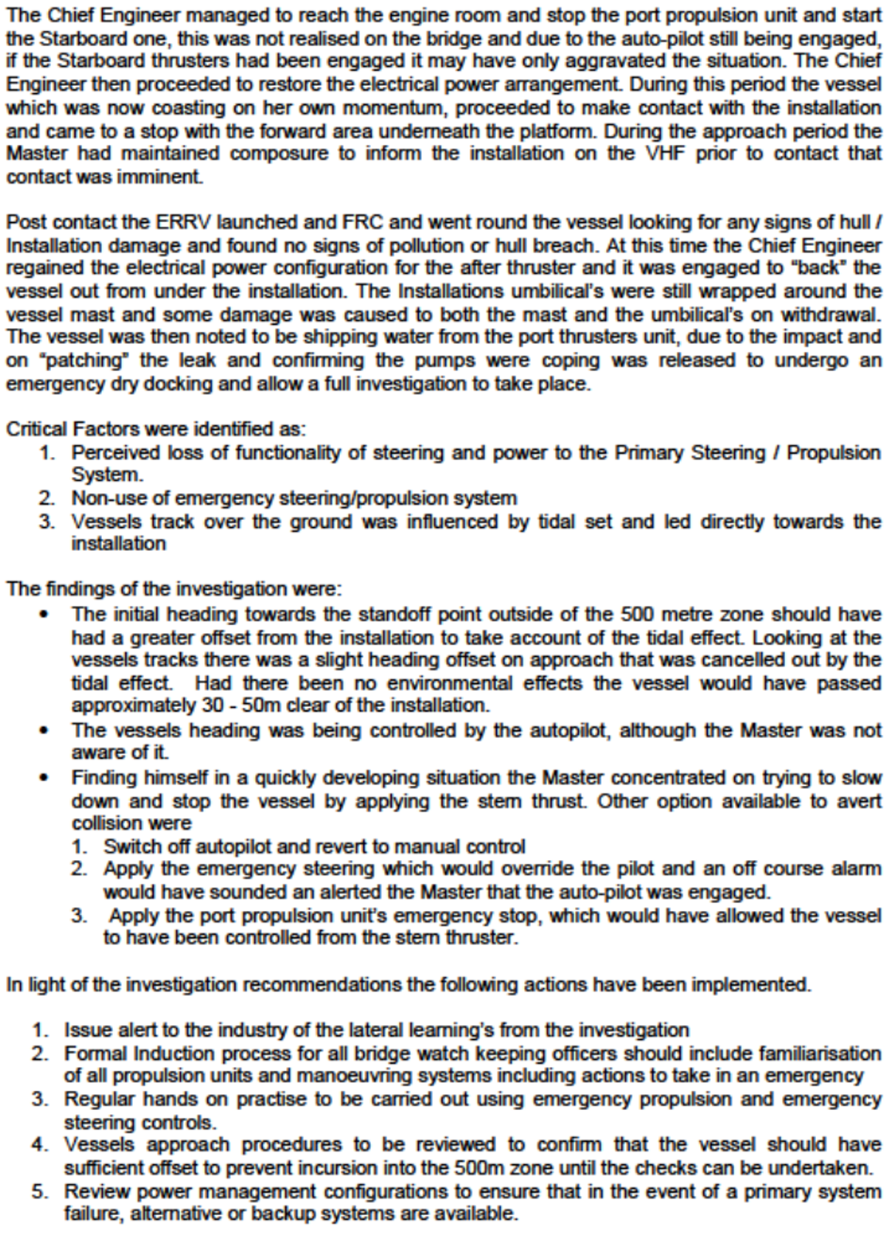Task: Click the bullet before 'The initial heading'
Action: pyautogui.click(x=47, y=615)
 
